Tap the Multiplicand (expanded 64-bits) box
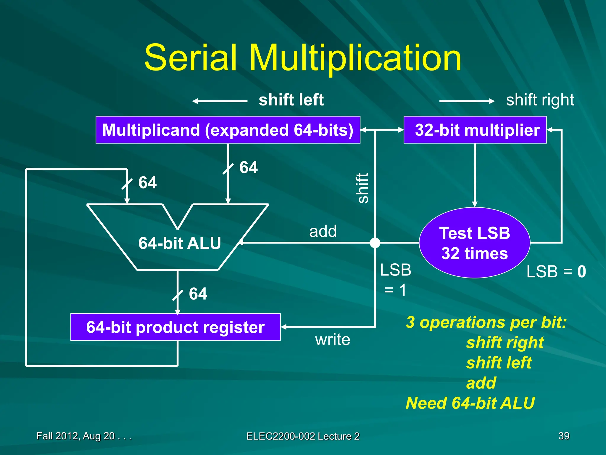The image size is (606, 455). (x=228, y=130)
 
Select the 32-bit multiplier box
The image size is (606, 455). (x=475, y=130)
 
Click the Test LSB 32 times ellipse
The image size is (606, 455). (x=474, y=243)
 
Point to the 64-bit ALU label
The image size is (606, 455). (x=180, y=243)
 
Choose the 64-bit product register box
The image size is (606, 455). (x=175, y=327)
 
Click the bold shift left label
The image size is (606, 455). (x=291, y=100)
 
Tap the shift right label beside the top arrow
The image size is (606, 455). (x=540, y=100)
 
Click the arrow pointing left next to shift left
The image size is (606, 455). (x=220, y=101)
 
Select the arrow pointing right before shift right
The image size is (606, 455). (x=467, y=101)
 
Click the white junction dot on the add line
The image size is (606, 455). (x=375, y=243)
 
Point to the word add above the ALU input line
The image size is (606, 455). (x=323, y=231)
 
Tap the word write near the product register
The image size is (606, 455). (x=333, y=339)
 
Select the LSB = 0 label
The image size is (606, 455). (x=556, y=272)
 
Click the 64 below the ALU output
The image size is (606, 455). (x=198, y=294)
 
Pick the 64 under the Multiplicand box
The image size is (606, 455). (x=248, y=167)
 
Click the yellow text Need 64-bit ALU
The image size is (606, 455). (x=470, y=403)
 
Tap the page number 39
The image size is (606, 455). (x=564, y=436)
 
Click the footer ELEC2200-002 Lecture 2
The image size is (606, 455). (x=303, y=436)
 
